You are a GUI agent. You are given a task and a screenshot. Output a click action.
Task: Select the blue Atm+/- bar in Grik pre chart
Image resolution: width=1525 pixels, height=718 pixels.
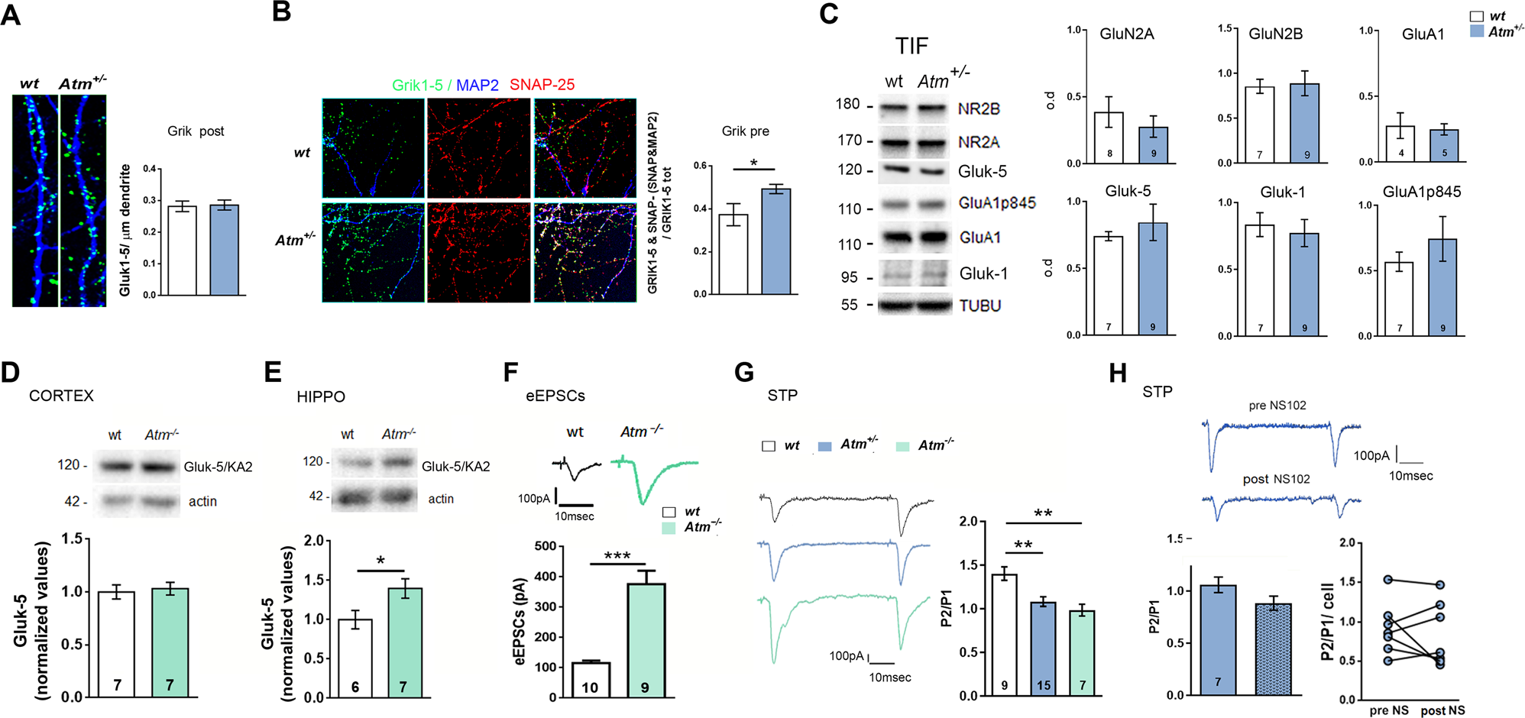point(775,241)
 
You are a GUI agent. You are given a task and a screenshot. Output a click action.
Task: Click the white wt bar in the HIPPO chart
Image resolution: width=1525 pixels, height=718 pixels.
point(355,658)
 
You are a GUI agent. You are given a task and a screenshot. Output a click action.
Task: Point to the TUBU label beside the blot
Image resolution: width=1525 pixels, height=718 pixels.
point(980,306)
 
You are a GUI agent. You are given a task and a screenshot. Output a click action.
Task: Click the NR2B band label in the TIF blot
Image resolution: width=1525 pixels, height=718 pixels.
point(979,108)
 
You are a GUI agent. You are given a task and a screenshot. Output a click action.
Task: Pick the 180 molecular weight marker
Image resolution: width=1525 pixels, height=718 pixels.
point(847,104)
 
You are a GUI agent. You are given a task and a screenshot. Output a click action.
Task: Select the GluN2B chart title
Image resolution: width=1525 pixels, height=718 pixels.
point(1275,34)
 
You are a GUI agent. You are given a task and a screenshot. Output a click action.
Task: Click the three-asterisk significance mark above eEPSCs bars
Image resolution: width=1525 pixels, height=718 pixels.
point(617,555)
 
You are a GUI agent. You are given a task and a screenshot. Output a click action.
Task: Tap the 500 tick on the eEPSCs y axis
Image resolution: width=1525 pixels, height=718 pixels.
point(546,546)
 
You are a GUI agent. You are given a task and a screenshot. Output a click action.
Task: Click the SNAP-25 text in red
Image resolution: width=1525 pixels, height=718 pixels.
point(542,85)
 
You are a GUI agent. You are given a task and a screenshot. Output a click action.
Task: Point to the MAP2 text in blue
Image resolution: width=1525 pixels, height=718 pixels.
point(478,85)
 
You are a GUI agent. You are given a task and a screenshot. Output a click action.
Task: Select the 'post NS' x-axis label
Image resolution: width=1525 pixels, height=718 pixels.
point(1442,710)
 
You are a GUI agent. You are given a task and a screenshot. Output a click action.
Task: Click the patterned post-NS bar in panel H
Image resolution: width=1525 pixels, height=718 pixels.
point(1273,649)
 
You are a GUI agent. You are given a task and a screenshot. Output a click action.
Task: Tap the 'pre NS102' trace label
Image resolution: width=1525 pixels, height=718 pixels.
point(1277,406)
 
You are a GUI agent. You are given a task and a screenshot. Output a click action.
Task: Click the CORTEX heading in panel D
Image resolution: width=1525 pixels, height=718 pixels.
point(61,396)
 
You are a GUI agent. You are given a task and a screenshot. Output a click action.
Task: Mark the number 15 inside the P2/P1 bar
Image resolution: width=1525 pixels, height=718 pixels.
point(1044,686)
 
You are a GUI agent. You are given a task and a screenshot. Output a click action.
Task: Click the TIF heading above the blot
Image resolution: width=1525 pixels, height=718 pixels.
point(911,46)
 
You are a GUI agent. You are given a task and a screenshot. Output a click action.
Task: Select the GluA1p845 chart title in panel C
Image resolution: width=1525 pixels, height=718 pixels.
point(1421,192)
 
